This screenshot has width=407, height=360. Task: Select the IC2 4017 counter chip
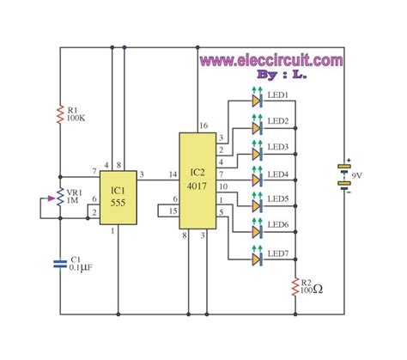point(197,180)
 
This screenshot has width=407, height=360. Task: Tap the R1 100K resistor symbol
point(60,112)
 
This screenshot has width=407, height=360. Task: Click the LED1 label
point(277,95)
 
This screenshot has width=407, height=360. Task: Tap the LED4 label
point(277,175)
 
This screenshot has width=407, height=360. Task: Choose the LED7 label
point(277,253)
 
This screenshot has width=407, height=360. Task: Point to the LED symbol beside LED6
point(256,229)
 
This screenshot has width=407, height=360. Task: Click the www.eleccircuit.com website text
point(272,61)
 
